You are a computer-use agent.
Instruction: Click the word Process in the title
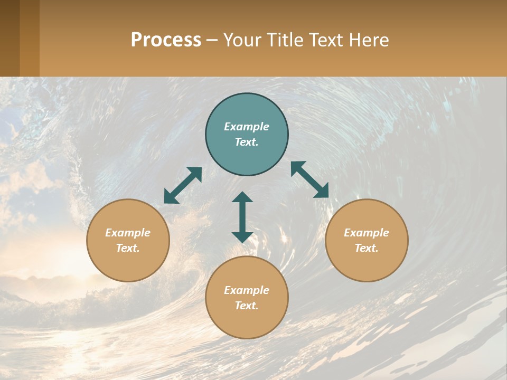point(166,40)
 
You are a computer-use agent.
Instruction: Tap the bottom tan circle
point(247,322)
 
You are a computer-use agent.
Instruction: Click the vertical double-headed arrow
point(242,217)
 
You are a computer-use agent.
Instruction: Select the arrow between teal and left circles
point(183,185)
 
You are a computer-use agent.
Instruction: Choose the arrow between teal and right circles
point(310,179)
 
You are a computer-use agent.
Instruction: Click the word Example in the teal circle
point(247,127)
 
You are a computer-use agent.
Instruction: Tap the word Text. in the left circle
point(128,248)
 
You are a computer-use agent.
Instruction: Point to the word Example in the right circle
point(367,233)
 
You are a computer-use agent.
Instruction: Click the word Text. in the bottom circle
point(247,306)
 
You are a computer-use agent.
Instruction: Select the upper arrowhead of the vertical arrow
point(242,198)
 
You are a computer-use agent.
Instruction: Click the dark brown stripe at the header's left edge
point(10,38)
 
